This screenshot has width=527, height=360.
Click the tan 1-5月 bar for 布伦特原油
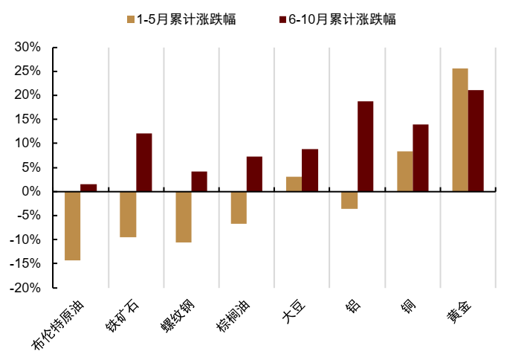point(72,225)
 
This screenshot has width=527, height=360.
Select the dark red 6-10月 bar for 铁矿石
point(144,162)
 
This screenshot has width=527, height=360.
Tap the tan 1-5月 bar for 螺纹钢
point(183,216)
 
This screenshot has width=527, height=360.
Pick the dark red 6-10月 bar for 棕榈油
point(254,173)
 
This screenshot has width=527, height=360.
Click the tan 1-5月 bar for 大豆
point(294,184)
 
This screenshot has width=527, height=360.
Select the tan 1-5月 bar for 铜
point(404,171)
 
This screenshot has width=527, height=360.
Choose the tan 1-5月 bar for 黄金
point(460,129)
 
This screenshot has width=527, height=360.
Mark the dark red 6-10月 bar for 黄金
point(476,141)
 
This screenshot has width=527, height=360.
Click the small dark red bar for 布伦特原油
point(88,187)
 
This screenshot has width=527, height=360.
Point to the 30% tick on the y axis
point(28,47)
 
